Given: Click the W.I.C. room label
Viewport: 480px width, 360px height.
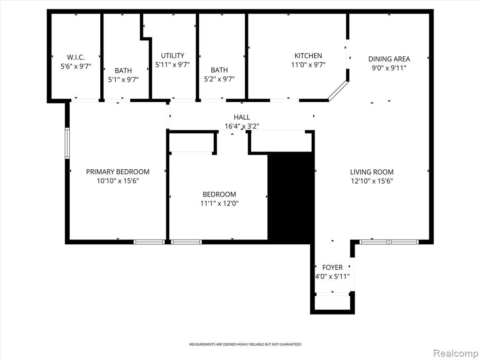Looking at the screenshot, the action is (x=75, y=57).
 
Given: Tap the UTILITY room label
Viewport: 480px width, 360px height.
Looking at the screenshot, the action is (x=172, y=56).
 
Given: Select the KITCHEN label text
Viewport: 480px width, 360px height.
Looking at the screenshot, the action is (x=308, y=56).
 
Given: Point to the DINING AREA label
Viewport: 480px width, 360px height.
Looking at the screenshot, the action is (x=389, y=59).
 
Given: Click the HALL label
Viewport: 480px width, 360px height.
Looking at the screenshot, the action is (x=242, y=117).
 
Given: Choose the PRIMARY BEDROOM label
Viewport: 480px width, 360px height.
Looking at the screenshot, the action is (x=118, y=172).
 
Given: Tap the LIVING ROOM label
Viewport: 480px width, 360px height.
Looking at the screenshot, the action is (x=372, y=172).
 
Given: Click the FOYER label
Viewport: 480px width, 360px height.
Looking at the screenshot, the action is (x=332, y=268).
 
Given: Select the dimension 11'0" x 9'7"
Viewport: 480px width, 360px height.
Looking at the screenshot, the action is (x=308, y=65).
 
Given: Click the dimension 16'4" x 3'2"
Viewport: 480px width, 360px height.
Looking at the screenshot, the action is (x=242, y=127).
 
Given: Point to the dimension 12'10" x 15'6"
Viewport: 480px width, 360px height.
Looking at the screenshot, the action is (x=372, y=181).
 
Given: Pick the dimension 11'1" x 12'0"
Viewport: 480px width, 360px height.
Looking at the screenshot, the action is (x=219, y=203).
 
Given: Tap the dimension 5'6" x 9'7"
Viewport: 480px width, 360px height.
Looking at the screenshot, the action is (x=75, y=66).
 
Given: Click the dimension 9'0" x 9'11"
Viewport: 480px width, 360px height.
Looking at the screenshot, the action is (x=389, y=68).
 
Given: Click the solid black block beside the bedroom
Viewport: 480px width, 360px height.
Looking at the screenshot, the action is (x=291, y=196).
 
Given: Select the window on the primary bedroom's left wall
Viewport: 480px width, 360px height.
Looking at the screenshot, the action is (x=67, y=143).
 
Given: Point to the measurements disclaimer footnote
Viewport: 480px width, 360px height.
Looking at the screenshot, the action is (x=245, y=345).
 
